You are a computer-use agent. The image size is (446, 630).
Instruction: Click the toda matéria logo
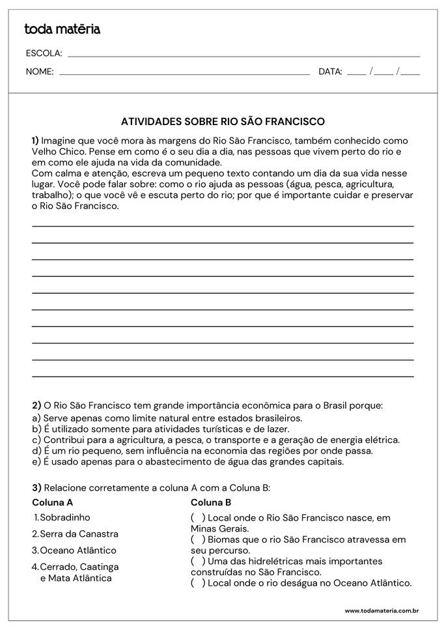tap(62, 29)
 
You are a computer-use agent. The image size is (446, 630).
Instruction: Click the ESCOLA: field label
tap(44, 53)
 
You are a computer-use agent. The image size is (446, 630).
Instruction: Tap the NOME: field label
tap(40, 72)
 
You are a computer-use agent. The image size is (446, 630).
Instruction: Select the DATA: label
tap(330, 72)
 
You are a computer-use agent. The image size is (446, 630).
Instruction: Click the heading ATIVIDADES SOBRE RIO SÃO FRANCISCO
tap(223, 121)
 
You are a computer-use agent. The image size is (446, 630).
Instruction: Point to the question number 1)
tap(35, 140)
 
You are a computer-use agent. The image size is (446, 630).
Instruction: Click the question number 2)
tap(36, 405)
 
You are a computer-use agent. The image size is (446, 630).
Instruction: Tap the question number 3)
tap(36, 487)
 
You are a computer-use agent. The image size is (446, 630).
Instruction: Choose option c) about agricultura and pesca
tap(216, 440)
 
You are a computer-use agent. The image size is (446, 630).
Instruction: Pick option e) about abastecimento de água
tap(188, 462)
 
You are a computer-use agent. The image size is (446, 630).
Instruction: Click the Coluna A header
tap(52, 502)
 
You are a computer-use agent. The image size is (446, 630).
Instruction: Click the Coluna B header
tap(211, 502)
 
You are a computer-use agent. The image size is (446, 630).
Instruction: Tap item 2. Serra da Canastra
tap(75, 534)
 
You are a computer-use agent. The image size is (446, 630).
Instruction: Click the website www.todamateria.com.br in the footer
tap(381, 611)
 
